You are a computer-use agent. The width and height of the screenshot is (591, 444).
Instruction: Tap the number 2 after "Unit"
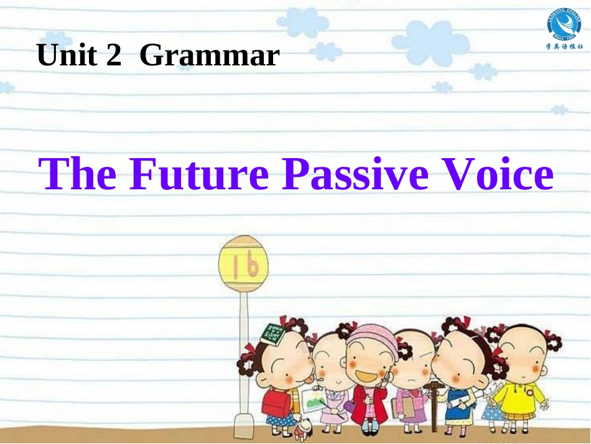click(113, 56)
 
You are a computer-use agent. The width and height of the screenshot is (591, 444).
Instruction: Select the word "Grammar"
click(210, 57)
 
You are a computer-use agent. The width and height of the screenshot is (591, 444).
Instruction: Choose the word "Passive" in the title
click(355, 174)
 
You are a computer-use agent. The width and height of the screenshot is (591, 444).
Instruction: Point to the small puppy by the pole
click(304, 426)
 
